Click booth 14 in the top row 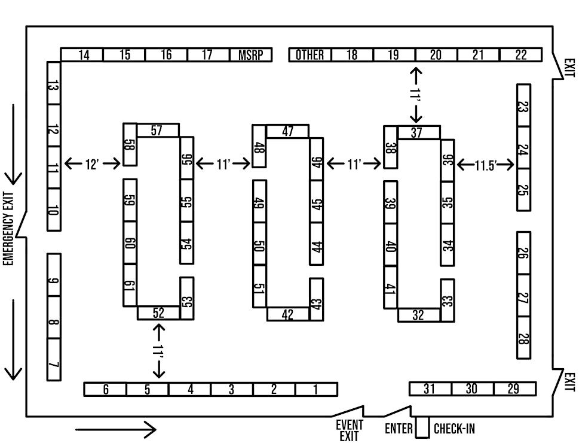point(83,55)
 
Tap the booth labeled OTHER point(310,55)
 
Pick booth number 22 point(520,55)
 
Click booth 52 point(158,312)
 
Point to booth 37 point(417,132)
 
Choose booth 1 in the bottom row point(316,389)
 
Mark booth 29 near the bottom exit point(514,389)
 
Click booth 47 point(287,131)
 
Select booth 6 point(105,389)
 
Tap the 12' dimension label point(92,163)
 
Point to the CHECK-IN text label point(454,429)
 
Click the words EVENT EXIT point(350,430)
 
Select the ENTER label point(399,429)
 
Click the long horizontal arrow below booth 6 point(116,429)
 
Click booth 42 point(287,314)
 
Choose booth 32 point(418,315)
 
